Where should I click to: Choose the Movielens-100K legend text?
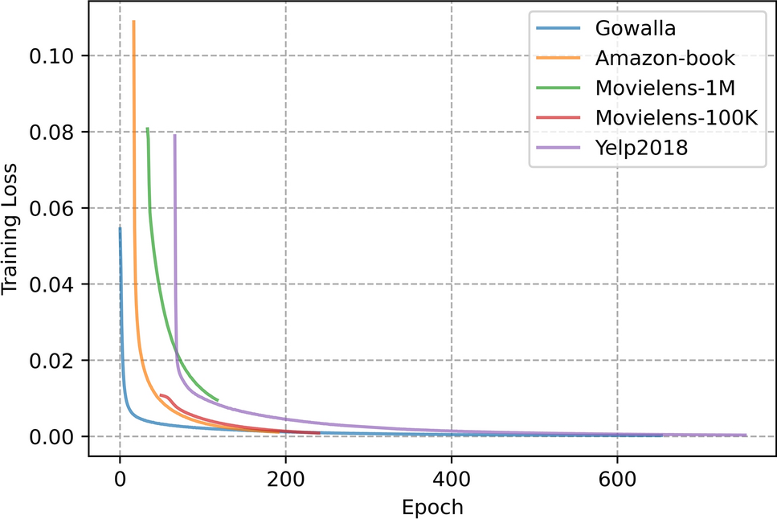coord(677,117)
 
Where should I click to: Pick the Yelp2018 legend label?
coord(642,147)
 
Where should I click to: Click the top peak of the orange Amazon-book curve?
coord(133,22)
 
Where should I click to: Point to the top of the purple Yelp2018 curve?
coord(174,135)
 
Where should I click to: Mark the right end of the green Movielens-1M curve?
coord(218,399)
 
